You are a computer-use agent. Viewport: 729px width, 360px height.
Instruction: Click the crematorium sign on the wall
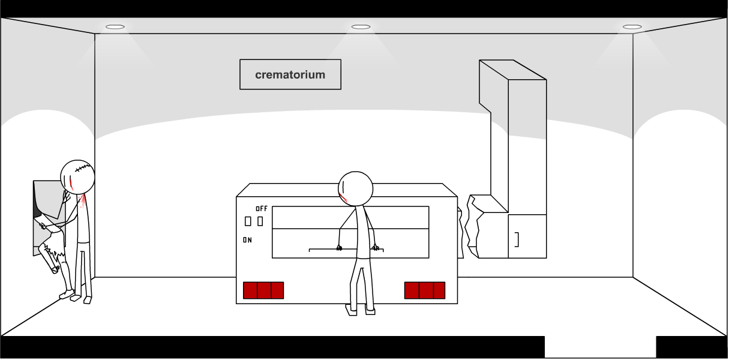290,74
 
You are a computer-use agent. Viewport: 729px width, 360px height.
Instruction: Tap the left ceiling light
115,27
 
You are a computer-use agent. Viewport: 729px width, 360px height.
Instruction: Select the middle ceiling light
361,27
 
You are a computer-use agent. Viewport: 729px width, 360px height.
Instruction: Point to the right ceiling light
632,27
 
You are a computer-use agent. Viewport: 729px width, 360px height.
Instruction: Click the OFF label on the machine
262,209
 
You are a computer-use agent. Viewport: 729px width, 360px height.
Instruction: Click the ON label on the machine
247,240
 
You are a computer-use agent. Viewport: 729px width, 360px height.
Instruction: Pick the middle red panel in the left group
263,290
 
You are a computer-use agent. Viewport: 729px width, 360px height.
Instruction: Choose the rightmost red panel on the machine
439,290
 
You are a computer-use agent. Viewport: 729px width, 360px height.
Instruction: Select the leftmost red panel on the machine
250,290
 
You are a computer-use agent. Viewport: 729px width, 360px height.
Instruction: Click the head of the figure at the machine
355,188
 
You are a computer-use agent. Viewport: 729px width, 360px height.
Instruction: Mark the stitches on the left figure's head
82,169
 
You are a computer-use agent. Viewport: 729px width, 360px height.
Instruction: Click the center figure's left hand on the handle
339,247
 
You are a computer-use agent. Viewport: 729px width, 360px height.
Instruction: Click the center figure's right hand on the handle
376,247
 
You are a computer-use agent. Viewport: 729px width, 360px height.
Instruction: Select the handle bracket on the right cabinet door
517,239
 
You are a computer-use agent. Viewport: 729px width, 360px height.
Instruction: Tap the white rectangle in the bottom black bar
600,347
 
